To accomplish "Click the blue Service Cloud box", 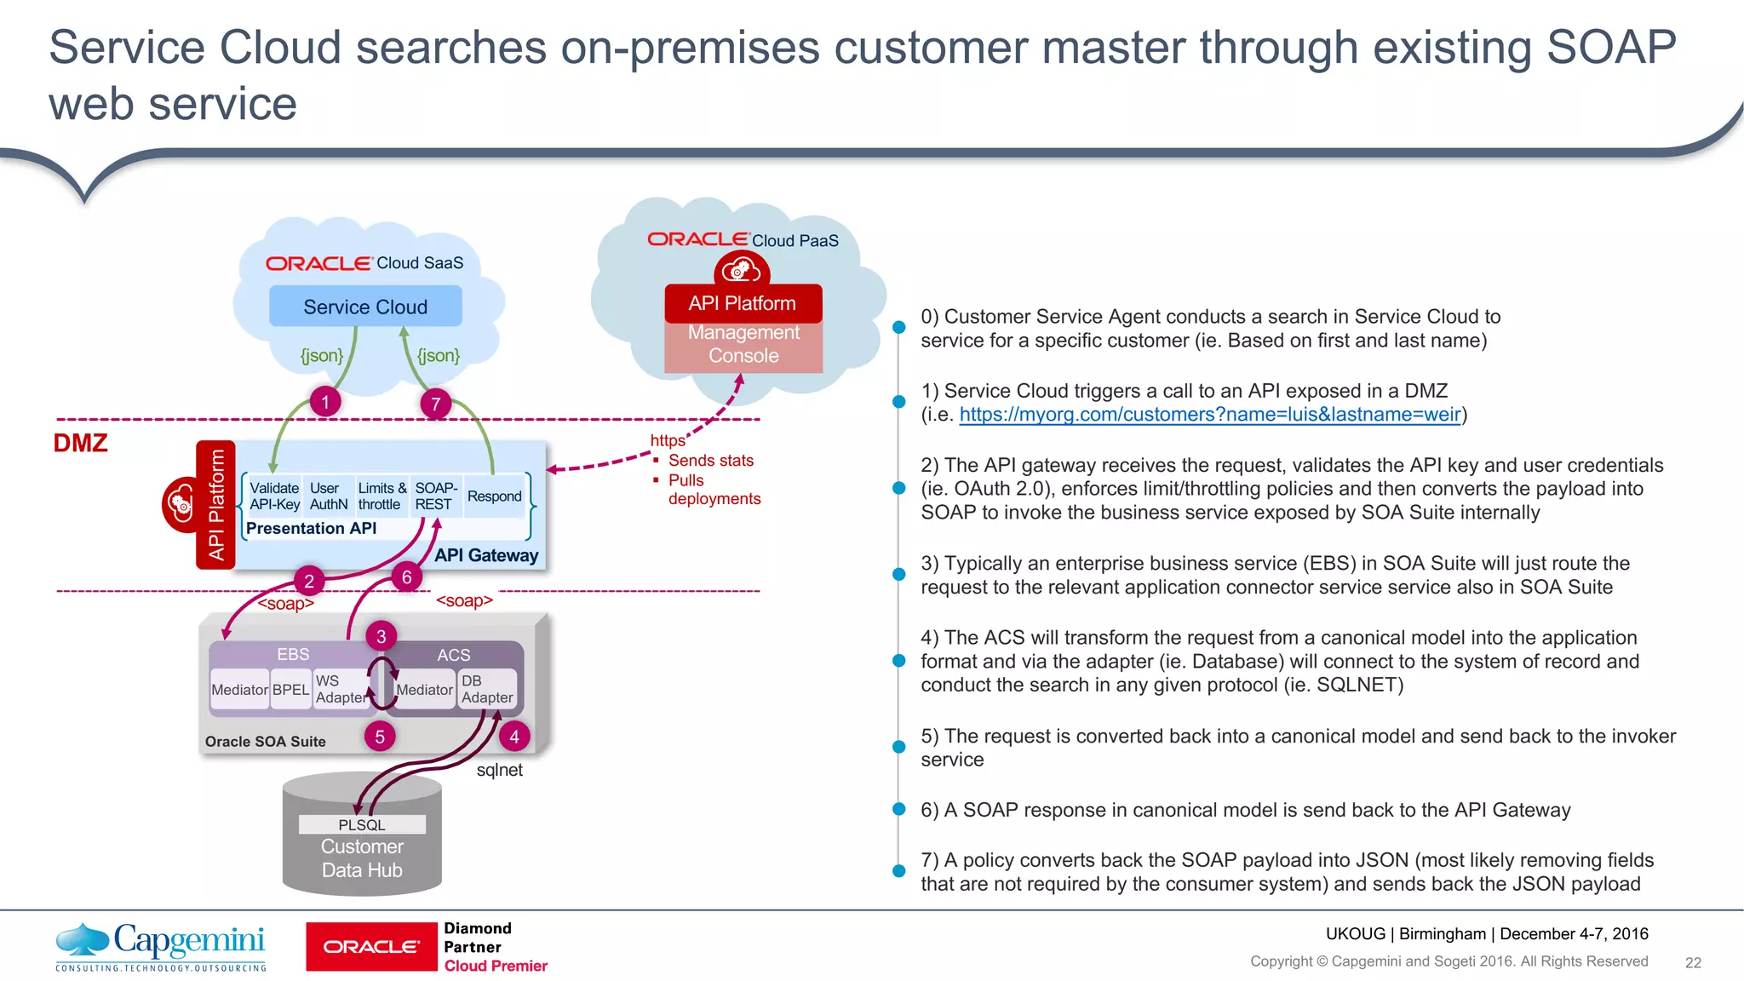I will click(x=365, y=307).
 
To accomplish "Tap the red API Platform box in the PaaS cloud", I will click(x=743, y=304).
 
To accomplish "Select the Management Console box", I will click(x=743, y=345).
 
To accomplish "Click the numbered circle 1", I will click(x=324, y=402).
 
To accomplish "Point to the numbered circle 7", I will click(x=435, y=404).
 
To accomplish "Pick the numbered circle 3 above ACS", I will click(x=381, y=636).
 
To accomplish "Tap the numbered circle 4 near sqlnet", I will click(x=513, y=737).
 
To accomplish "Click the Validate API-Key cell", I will click(x=274, y=496).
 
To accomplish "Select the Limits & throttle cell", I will click(x=381, y=496).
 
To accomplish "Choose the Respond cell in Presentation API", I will click(x=494, y=496).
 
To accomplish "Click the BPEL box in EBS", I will click(x=290, y=690).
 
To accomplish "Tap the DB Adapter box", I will click(x=487, y=689).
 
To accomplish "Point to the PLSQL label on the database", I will click(x=362, y=824).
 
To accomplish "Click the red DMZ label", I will click(x=81, y=443).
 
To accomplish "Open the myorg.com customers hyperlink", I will click(x=1209, y=415).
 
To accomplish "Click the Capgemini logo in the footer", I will click(x=161, y=945).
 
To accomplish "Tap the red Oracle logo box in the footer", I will click(x=371, y=947).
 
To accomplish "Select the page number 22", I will click(x=1693, y=962).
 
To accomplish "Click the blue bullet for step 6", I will click(x=898, y=809).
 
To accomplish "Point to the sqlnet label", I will click(x=499, y=770).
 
